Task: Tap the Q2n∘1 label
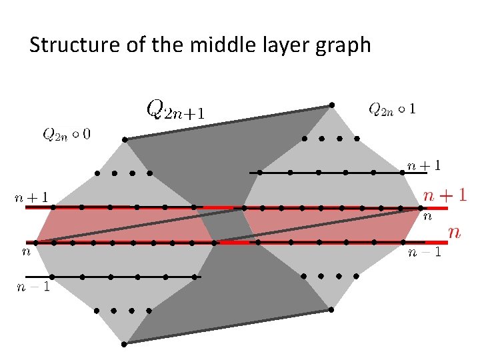[x=393, y=108]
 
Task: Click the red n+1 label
[x=445, y=195]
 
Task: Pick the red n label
[x=455, y=231]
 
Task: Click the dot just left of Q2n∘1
[x=331, y=105]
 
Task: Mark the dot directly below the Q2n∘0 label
[x=125, y=139]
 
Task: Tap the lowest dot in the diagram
[x=125, y=344]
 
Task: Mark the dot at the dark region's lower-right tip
[x=331, y=309]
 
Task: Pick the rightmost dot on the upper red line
[x=421, y=207]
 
